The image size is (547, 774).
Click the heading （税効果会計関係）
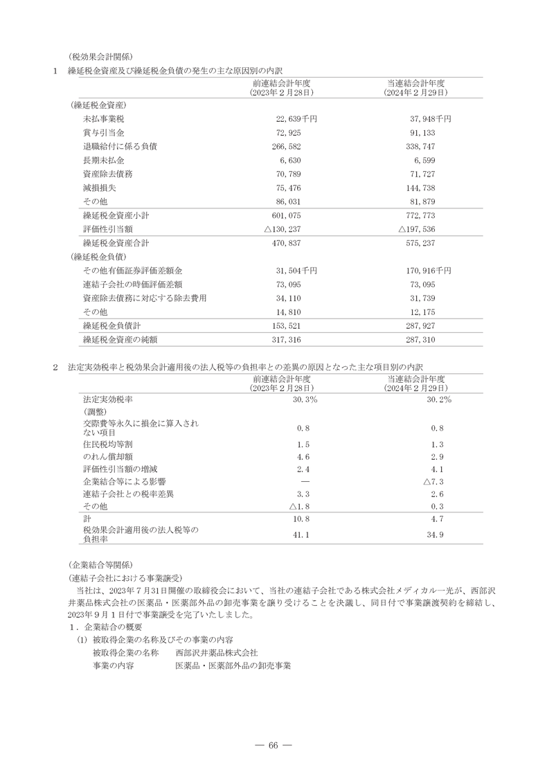[100, 57]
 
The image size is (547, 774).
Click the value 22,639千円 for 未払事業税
[296, 119]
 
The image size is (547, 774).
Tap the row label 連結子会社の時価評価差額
[132, 284]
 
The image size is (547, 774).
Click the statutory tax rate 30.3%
[305, 400]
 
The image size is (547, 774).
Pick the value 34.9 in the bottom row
[436, 534]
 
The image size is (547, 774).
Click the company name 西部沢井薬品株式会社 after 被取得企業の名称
[217, 652]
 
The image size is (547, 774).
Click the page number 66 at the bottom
[273, 745]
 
